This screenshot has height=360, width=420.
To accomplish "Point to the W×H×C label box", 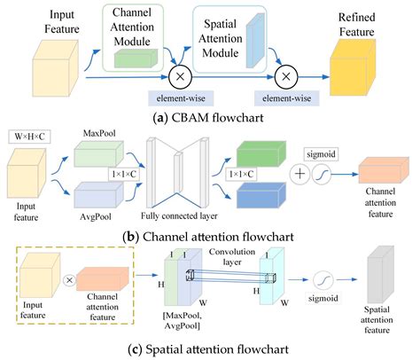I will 31,138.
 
